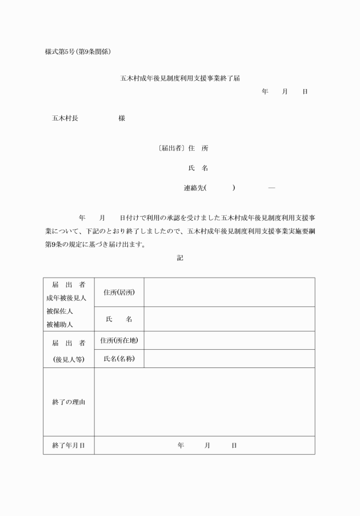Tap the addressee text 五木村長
click(x=65, y=119)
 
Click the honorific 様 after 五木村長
click(x=122, y=119)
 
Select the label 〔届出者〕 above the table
click(x=170, y=149)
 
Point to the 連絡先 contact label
click(x=194, y=187)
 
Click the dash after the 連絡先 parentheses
click(x=271, y=187)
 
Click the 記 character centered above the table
click(x=180, y=258)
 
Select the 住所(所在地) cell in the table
click(x=119, y=341)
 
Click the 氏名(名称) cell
click(x=119, y=359)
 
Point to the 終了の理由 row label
click(x=69, y=402)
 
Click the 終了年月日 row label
click(x=69, y=445)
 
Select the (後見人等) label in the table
click(x=68, y=359)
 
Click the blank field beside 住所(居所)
click(x=229, y=293)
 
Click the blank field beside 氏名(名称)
click(x=229, y=359)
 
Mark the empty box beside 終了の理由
click(x=204, y=402)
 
